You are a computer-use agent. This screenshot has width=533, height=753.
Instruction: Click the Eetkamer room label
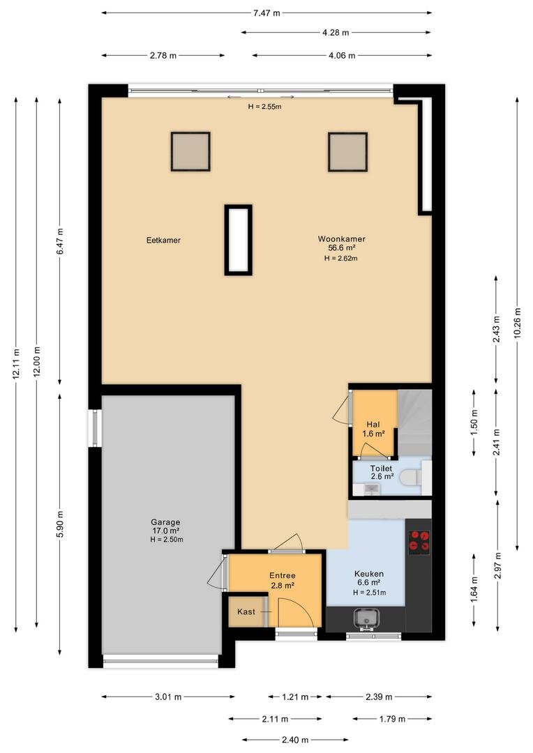click(x=163, y=240)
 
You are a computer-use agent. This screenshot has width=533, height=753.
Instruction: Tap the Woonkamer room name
click(x=341, y=238)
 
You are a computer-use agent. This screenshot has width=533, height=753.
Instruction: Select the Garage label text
click(x=165, y=522)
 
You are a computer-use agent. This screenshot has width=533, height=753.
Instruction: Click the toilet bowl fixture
click(x=411, y=478)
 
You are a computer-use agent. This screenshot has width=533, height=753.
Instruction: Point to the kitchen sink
click(x=366, y=618)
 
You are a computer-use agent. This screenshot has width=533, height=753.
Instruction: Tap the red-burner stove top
click(x=419, y=541)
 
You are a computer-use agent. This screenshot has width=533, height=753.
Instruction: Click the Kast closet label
click(x=246, y=612)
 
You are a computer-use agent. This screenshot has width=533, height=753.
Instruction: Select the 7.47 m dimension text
click(x=266, y=13)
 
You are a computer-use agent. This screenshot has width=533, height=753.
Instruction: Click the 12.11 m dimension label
click(x=16, y=363)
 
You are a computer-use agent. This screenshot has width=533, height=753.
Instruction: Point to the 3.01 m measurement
click(x=168, y=697)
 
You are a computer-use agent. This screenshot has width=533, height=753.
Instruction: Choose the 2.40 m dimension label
click(x=294, y=740)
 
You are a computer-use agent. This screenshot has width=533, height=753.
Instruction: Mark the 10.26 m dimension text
click(x=517, y=322)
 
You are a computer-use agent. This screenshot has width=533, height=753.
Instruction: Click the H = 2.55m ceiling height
click(x=265, y=107)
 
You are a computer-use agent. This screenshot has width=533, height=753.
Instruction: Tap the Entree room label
click(x=282, y=575)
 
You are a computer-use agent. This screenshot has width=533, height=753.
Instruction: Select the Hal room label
click(x=373, y=425)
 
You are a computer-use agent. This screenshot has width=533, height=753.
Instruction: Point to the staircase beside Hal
click(x=415, y=422)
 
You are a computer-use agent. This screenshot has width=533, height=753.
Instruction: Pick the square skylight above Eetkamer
click(x=190, y=152)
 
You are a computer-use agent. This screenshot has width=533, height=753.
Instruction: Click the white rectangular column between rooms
click(x=239, y=240)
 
